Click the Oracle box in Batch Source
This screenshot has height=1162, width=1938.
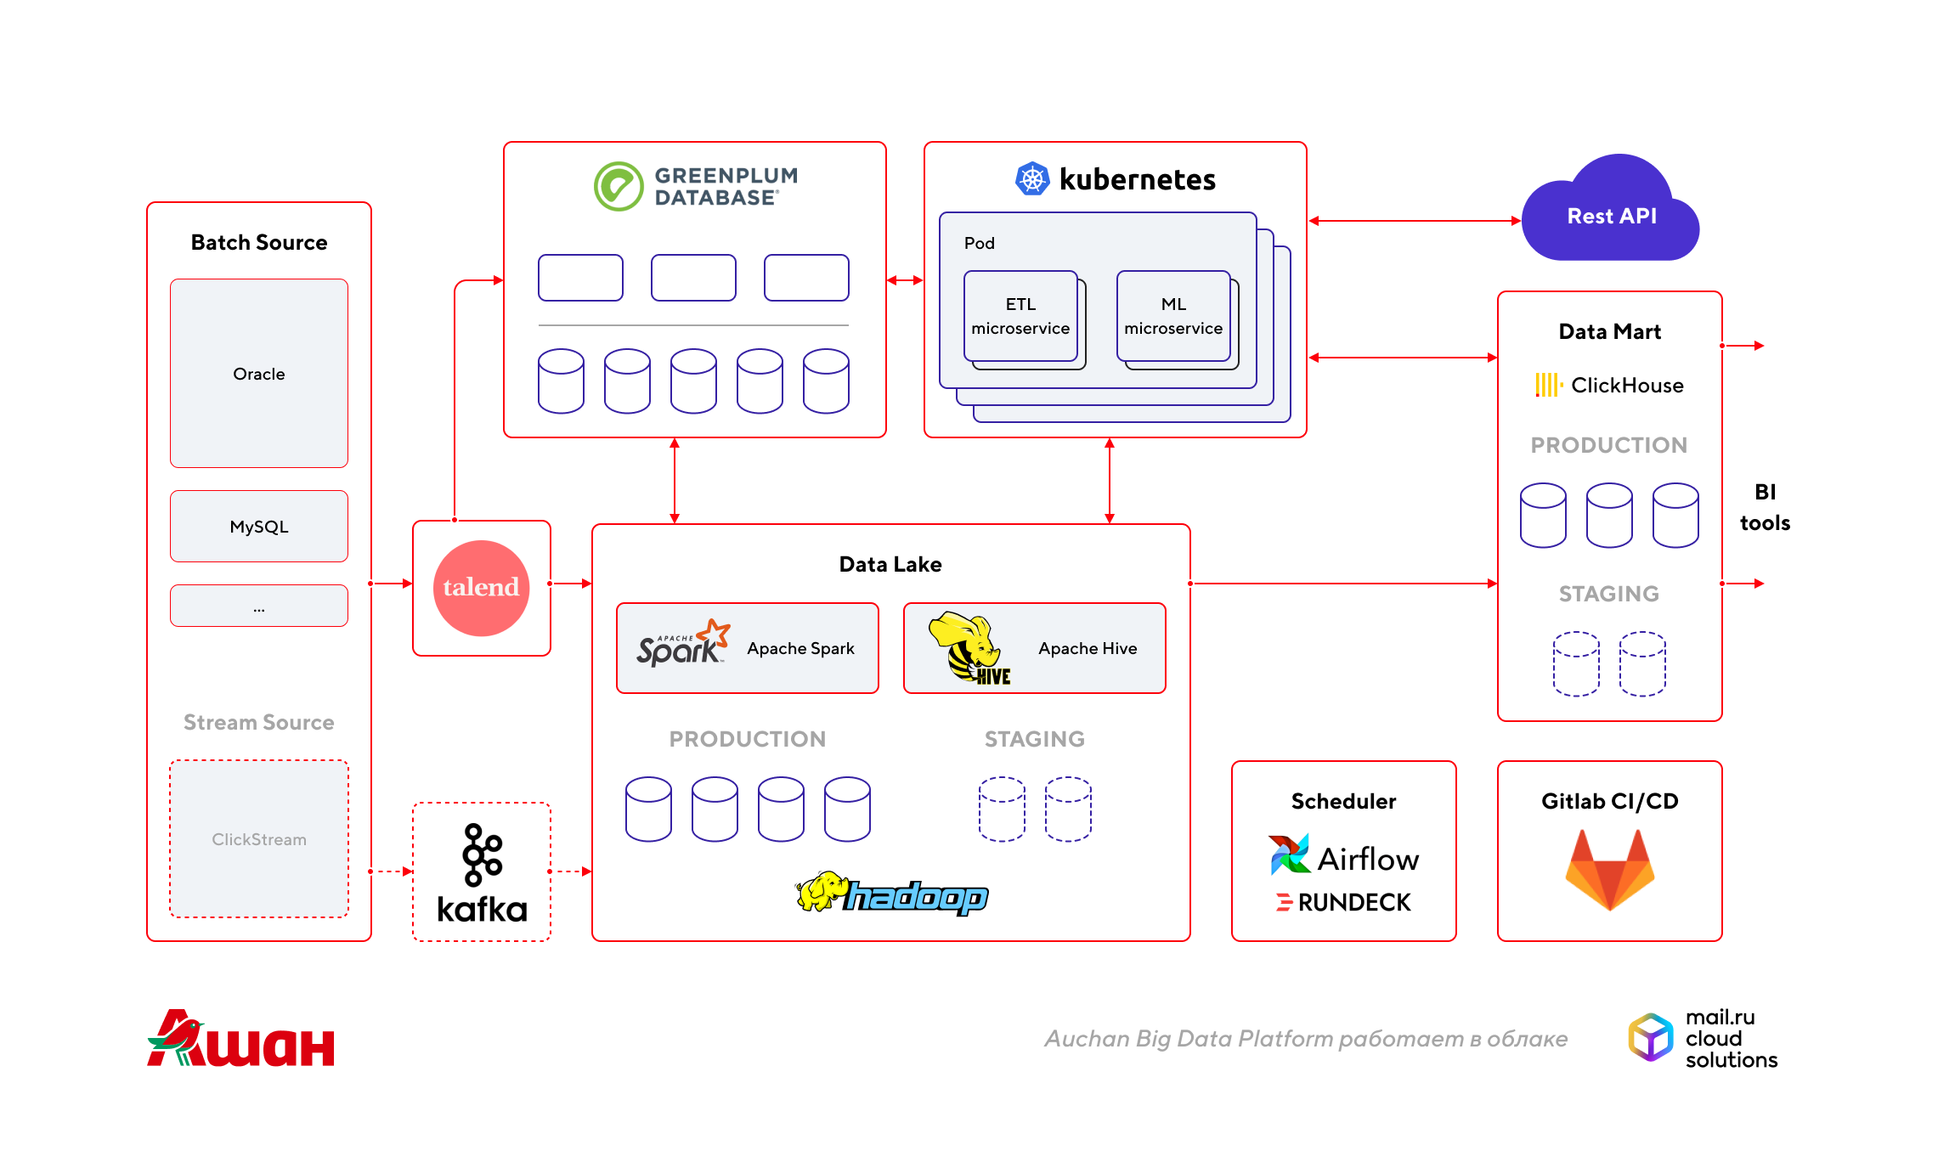coord(259,374)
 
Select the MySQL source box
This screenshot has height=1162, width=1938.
coord(259,527)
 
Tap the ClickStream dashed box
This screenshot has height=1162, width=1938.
coord(259,839)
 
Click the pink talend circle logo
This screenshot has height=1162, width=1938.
coord(481,588)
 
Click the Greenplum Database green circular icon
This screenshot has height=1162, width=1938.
coord(619,186)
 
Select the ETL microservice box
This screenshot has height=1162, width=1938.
coord(1020,316)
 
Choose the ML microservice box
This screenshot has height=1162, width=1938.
coord(1173,316)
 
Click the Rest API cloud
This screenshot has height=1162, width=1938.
coord(1611,216)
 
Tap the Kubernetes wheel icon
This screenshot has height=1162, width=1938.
coord(1032,179)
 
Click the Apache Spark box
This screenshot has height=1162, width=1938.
coord(748,648)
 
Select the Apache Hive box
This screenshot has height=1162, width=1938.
coord(1035,648)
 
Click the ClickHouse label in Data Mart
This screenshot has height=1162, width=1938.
coord(1609,386)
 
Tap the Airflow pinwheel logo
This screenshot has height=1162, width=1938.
coord(1289,855)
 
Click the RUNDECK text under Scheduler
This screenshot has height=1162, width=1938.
coord(1353,903)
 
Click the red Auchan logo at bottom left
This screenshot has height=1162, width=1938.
coord(241,1040)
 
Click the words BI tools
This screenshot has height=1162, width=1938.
coord(1765,507)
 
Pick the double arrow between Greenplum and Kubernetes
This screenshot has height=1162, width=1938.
coord(905,279)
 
